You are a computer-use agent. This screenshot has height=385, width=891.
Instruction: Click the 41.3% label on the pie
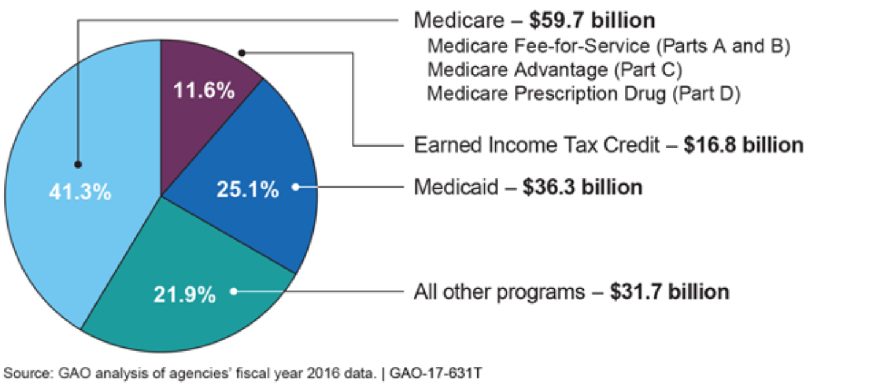[80, 192]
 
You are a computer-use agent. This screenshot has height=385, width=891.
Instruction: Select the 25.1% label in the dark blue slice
[247, 189]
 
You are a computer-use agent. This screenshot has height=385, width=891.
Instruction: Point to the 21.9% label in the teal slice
[185, 294]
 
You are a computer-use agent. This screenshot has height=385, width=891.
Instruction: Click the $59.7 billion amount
[592, 20]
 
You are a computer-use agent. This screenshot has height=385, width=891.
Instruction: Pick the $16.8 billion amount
[743, 145]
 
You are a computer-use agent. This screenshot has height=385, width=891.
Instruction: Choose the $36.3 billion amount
[582, 187]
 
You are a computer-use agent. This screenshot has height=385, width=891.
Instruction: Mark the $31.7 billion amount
[669, 291]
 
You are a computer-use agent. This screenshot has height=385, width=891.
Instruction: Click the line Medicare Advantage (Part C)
[555, 70]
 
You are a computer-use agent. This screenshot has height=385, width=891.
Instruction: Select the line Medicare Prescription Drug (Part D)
[584, 94]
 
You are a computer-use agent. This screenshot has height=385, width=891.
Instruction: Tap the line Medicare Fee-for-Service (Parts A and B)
[608, 47]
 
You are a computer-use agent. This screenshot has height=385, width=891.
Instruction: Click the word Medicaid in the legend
[456, 187]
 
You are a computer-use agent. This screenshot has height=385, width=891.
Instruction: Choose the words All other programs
[499, 291]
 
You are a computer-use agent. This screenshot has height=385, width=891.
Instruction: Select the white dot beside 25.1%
[295, 187]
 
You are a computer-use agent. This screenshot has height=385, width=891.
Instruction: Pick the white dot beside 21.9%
[234, 291]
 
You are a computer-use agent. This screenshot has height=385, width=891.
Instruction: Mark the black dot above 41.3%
[78, 164]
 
